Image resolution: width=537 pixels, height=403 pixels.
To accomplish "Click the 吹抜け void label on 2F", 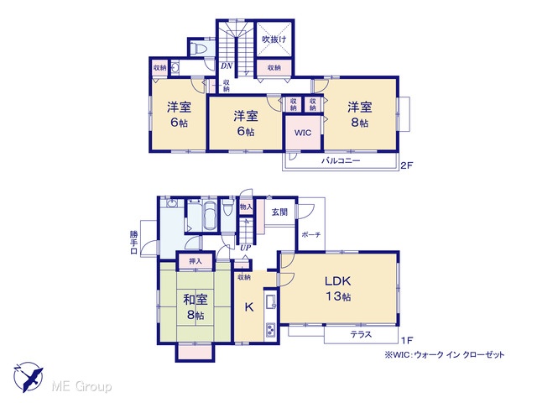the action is (x=274, y=39).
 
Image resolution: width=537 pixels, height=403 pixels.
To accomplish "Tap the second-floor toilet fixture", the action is (x=198, y=49).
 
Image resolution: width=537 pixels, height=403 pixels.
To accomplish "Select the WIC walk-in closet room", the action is (x=303, y=133).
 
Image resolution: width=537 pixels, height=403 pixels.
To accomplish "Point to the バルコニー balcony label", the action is (x=341, y=160).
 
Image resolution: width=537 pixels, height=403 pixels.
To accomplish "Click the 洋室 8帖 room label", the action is (x=360, y=114).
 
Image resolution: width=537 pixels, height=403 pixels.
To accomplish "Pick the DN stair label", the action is (x=227, y=65).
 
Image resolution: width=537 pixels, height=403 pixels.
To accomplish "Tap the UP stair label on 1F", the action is (x=245, y=248).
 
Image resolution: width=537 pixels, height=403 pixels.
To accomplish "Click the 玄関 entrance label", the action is (x=279, y=212).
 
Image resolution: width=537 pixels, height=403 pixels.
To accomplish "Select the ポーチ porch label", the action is (x=311, y=235).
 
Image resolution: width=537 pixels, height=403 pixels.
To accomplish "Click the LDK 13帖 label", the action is (x=338, y=289).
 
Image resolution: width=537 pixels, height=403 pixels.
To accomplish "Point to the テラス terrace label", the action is (x=361, y=334).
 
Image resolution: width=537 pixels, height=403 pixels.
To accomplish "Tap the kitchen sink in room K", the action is (x=271, y=302).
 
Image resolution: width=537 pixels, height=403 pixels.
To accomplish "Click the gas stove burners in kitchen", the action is (x=271, y=330).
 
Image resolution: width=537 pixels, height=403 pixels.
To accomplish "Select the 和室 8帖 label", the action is (x=196, y=306).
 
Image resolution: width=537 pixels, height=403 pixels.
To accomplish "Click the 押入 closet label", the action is (x=196, y=261).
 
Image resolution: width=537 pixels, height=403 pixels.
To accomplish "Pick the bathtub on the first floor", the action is (x=210, y=216).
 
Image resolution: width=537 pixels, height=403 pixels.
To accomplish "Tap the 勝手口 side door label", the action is (x=133, y=243).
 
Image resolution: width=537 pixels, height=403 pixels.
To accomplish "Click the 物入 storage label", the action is (x=246, y=207).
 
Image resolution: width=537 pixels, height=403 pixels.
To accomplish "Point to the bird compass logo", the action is (x=28, y=376).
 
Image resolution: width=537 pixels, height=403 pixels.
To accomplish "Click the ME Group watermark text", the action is (x=81, y=386).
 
